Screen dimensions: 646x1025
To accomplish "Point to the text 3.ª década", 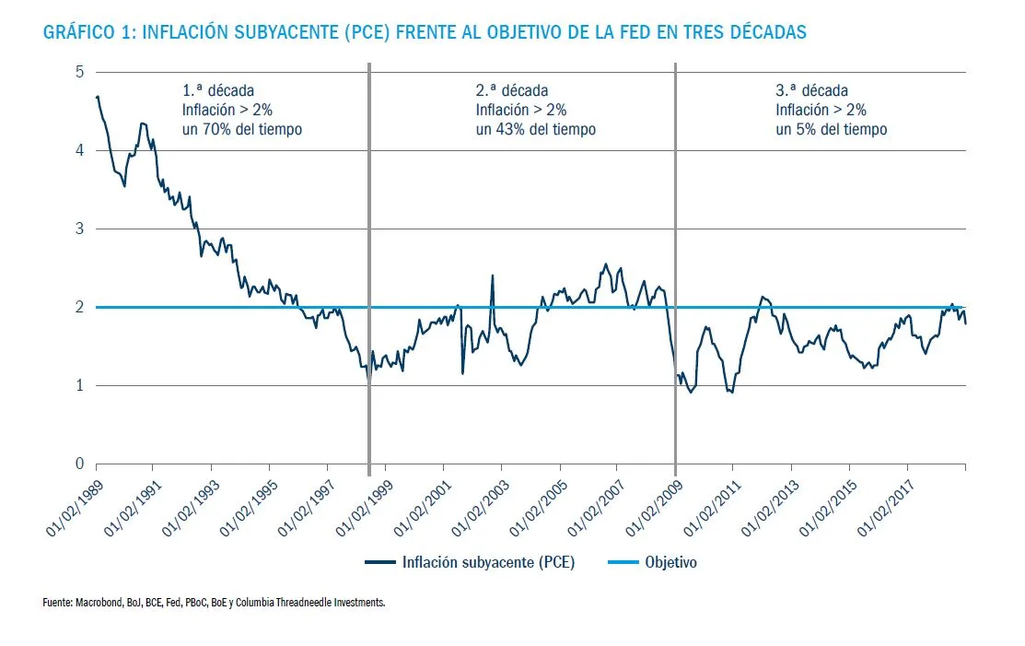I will pos(811,90).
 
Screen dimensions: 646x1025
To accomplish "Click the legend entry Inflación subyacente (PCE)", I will pos(488,562).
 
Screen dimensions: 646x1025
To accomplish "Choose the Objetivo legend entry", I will pos(670,562).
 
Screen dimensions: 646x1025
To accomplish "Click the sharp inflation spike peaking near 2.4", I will pos(492,276).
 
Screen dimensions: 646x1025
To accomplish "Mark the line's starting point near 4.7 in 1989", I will pos(97,96).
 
